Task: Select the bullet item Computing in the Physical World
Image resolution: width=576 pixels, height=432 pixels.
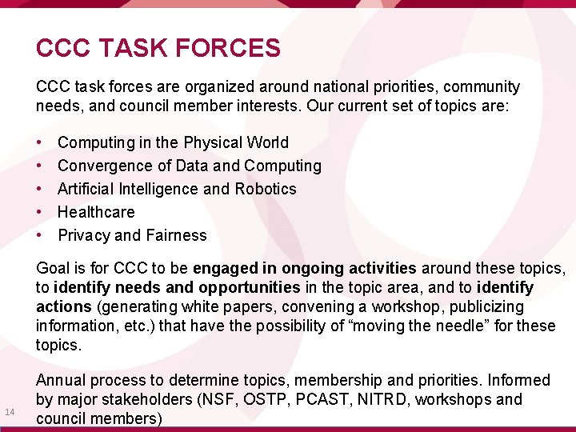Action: [173, 142]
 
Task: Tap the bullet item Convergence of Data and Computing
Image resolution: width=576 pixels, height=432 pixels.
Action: [190, 166]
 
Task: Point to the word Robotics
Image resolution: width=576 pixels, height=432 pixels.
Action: [266, 189]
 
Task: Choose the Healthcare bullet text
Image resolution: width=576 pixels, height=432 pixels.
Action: [96, 212]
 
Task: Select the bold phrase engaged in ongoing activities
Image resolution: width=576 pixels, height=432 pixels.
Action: [304, 268]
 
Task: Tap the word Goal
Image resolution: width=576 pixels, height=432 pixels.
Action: [54, 268]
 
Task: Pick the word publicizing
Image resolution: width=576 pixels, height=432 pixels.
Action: [484, 306]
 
